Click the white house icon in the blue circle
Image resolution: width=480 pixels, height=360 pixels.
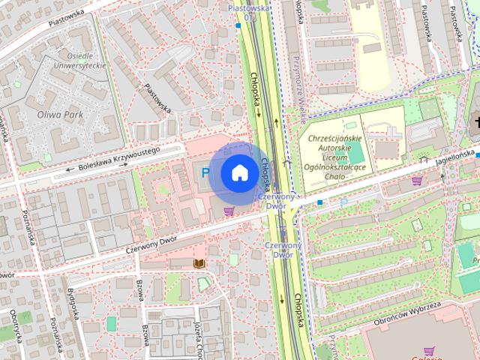coord(239,173)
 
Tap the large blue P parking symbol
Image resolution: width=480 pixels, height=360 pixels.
coord(205,173)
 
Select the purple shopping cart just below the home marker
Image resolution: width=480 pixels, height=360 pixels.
coord(229,211)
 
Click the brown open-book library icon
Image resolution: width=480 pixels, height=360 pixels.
coord(199,263)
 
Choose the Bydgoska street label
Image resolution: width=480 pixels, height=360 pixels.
coord(74,303)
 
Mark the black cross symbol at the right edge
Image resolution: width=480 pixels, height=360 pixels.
coord(475,121)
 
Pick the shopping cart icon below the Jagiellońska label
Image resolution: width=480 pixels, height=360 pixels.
coord(416,181)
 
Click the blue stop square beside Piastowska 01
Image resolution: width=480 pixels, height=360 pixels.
coord(238,25)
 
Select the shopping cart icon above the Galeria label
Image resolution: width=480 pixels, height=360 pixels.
coord(428,349)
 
